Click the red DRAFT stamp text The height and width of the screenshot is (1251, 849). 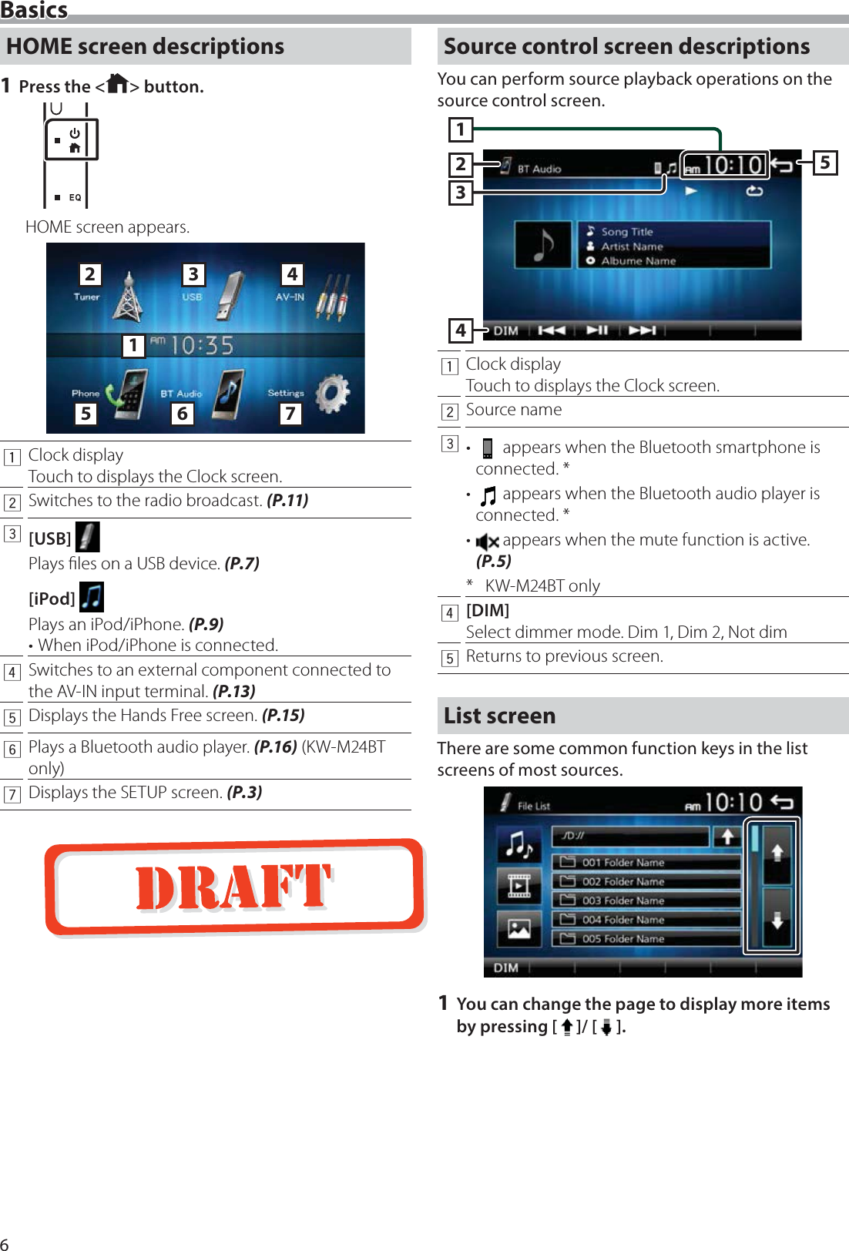pos(233,887)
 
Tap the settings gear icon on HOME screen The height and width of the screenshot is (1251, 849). pos(333,393)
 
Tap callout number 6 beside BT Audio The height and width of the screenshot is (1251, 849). pos(182,414)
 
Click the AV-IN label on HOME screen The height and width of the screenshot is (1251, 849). pos(290,297)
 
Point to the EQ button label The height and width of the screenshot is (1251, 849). pos(75,197)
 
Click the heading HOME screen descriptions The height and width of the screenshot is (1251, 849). pos(145,46)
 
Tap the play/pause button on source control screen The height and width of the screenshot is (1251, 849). pos(597,330)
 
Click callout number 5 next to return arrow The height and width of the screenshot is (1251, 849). pos(824,163)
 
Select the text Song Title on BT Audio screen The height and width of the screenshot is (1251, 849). pos(626,231)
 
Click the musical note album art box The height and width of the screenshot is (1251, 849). pos(544,245)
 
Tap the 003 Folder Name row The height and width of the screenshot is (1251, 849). pos(646,901)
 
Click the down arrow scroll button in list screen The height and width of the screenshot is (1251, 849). pos(777,920)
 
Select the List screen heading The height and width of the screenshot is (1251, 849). pos(499,716)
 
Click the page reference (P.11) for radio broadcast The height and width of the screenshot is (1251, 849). pos(287,501)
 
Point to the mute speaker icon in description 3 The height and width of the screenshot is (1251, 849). pos(487,542)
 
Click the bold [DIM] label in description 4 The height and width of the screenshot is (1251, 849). pos(488,610)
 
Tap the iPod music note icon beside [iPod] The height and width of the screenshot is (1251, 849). pos(92,597)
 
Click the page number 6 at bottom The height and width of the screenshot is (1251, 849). pos(5,1243)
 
